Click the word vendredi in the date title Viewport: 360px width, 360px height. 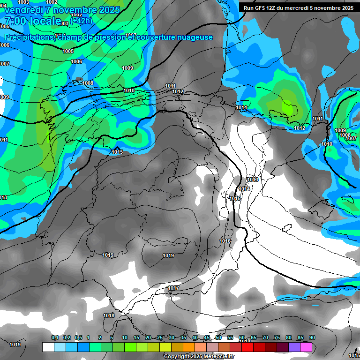25,9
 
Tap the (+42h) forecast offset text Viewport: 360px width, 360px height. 81,20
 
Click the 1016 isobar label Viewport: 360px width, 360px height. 225,241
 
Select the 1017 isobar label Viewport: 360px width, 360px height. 173,288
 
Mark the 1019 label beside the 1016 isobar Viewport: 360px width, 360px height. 168,255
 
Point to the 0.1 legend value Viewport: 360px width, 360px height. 55,338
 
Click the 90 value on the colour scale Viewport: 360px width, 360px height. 312,338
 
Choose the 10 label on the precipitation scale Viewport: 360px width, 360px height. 125,338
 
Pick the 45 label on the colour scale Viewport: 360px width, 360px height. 207,338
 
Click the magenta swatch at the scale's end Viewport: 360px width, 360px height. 306,347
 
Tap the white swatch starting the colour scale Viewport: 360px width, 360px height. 48,347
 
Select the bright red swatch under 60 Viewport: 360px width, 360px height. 247,347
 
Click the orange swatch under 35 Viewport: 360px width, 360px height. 189,347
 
